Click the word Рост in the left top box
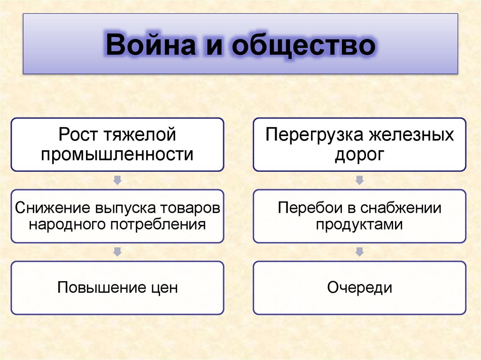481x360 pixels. pyautogui.click(x=78, y=135)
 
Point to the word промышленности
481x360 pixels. pyautogui.click(x=117, y=154)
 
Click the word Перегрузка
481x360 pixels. pyautogui.click(x=313, y=135)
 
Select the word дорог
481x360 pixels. pyautogui.click(x=359, y=154)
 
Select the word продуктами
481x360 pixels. pyautogui.click(x=359, y=224)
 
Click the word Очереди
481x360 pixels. pyautogui.click(x=359, y=287)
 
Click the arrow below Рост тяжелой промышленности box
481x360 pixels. pyautogui.click(x=117, y=180)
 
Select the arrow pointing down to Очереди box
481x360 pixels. pyautogui.click(x=359, y=252)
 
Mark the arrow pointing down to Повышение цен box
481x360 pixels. pyautogui.click(x=117, y=252)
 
